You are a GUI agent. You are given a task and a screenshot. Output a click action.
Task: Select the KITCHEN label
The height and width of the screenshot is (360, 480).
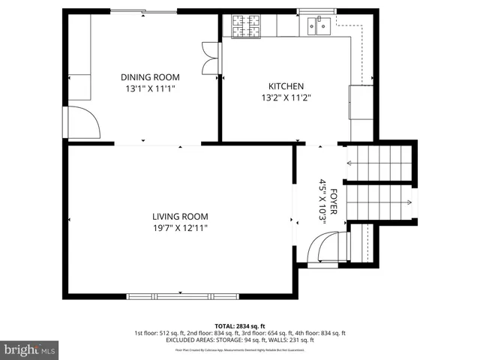click(x=286, y=85)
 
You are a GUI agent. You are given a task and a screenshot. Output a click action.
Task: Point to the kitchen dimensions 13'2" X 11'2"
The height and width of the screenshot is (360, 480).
click(x=286, y=97)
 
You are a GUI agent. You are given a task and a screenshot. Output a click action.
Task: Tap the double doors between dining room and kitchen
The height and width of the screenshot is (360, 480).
click(x=211, y=58)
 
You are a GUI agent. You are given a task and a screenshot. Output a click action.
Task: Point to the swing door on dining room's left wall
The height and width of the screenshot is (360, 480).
click(x=82, y=121)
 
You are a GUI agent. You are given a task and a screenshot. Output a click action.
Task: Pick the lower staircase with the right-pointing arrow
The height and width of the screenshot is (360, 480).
click(x=381, y=202)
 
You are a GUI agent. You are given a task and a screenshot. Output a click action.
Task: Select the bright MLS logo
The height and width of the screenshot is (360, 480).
click(x=30, y=349)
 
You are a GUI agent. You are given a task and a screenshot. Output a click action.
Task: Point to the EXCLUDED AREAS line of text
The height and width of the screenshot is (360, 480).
click(x=239, y=340)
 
